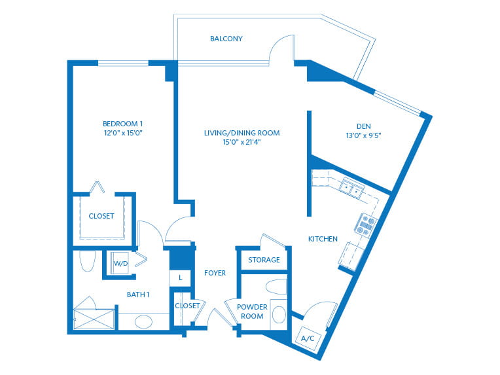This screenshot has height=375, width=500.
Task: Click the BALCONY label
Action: pos(226,39)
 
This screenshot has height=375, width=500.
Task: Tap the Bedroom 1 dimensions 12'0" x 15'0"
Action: pos(123,133)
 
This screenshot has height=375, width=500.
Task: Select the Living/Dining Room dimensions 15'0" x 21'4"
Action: pos(241,142)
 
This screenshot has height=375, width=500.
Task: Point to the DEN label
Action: pos(363,126)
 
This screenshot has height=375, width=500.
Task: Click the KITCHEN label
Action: pos(323,239)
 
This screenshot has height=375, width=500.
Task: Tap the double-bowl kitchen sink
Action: pos(351,188)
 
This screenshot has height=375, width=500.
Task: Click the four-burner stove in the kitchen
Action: pos(365,225)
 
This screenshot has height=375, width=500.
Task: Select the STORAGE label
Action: pos(264,260)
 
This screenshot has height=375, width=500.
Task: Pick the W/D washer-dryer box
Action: pos(120,263)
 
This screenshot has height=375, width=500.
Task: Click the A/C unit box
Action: pos(308,338)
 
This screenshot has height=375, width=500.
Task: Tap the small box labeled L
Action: pos(180,277)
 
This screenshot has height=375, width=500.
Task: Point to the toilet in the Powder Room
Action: pos(276,287)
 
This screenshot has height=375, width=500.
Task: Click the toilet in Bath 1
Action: pos(87,261)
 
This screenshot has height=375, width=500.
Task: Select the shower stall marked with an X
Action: pos(94,319)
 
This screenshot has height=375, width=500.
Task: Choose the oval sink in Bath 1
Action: pos(143,322)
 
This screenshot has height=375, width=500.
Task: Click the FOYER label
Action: pos(215,273)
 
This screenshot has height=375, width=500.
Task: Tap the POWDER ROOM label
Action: pos(252,312)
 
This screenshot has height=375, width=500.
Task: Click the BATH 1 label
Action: pos(138,295)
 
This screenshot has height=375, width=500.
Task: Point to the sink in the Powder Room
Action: pos(279,315)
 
